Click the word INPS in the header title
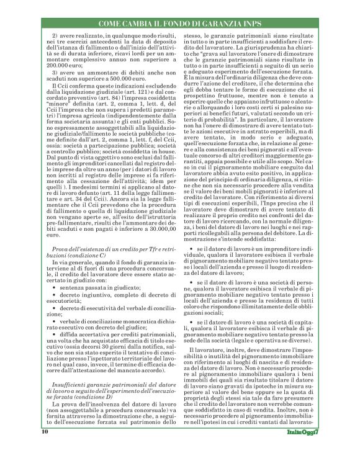(x=263, y=23)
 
